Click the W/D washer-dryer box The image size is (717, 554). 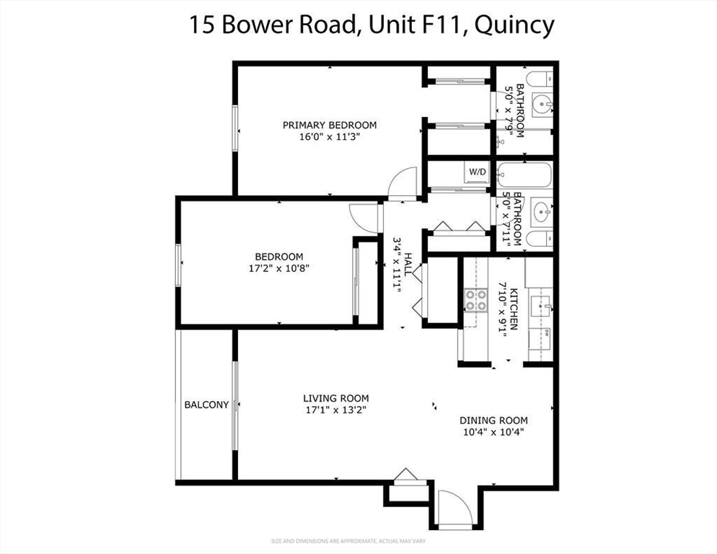click(477, 172)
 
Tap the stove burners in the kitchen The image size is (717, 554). click(475, 299)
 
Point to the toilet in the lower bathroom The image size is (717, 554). click(540, 239)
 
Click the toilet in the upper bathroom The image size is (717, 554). click(540, 78)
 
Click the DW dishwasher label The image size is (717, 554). click(546, 333)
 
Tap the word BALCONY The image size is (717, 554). click(206, 405)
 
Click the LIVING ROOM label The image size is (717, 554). click(335, 398)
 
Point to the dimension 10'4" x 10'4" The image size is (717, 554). click(493, 433)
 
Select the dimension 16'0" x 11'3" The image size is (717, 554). click(329, 136)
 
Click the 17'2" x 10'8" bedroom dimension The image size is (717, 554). click(278, 268)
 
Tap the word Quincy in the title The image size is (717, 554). click(516, 25)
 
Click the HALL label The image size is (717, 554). click(409, 265)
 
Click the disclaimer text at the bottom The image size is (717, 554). click(358, 540)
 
